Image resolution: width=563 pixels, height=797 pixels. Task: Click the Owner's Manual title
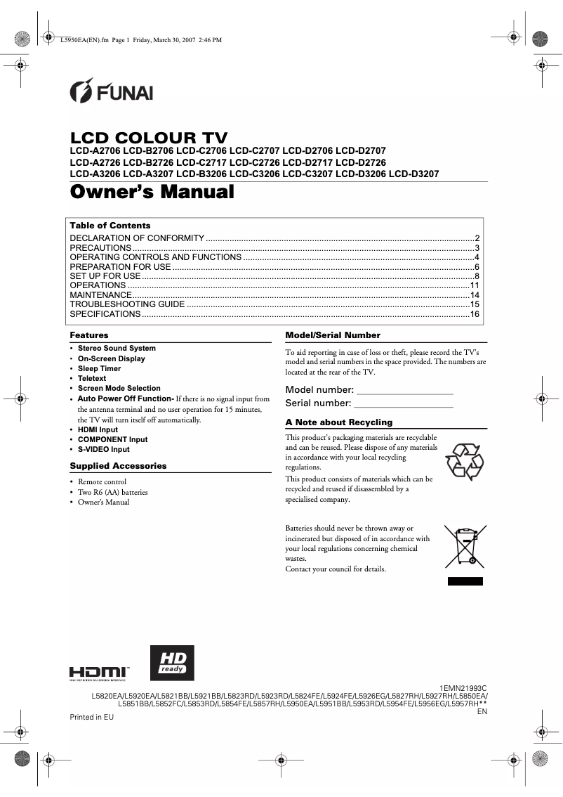[152, 191]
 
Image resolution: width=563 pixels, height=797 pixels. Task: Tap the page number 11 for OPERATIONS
[474, 285]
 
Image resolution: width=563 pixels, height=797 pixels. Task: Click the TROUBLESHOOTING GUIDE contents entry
[127, 304]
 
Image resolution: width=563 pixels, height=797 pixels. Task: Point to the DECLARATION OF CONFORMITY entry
[137, 238]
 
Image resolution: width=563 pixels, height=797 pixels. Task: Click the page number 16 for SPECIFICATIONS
[474, 314]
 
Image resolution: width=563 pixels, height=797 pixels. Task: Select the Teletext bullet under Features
[92, 378]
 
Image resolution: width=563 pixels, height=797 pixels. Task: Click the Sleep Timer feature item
[99, 368]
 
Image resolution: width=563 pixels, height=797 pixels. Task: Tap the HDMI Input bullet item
[98, 429]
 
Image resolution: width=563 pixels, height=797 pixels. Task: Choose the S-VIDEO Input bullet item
[103, 449]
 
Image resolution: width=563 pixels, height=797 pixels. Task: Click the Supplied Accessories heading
[118, 466]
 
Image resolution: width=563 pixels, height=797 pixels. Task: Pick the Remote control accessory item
[102, 481]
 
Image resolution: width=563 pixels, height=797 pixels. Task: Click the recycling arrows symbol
[464, 461]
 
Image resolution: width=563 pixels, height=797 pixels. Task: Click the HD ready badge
[173, 663]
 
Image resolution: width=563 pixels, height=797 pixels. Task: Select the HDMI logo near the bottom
[98, 673]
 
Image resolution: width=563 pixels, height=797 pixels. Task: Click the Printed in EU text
[91, 717]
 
